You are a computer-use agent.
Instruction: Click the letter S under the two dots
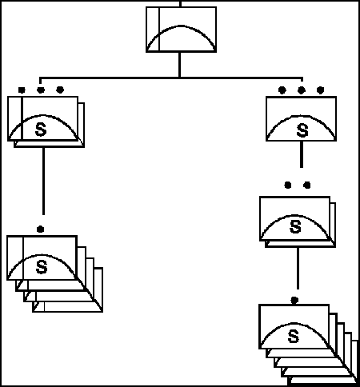(x=295, y=227)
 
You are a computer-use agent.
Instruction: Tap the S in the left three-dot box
(x=41, y=130)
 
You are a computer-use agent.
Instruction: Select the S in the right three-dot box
(x=302, y=130)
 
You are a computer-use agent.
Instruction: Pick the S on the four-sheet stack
(x=42, y=267)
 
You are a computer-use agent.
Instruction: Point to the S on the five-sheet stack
(x=294, y=337)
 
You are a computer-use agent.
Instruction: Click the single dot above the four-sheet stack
(x=40, y=229)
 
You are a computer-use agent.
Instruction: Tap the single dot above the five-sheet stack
(x=294, y=301)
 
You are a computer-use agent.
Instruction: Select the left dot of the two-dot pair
(x=288, y=185)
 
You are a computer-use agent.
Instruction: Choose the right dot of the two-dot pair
(x=307, y=185)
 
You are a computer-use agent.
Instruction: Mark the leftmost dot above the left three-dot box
(x=22, y=90)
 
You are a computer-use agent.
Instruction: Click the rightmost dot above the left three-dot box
(x=60, y=90)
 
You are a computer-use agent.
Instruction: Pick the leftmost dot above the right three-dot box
(x=282, y=90)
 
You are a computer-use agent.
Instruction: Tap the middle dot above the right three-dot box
(x=301, y=90)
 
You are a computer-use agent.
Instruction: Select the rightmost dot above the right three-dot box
(x=321, y=90)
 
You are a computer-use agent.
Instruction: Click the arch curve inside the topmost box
(x=182, y=26)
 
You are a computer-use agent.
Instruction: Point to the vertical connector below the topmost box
(x=179, y=65)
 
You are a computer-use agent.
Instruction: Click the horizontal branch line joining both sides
(x=171, y=78)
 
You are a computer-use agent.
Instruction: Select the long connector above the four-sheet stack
(x=43, y=181)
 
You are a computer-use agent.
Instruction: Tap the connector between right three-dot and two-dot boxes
(x=302, y=154)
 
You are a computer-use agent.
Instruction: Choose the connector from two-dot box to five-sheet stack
(x=298, y=268)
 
